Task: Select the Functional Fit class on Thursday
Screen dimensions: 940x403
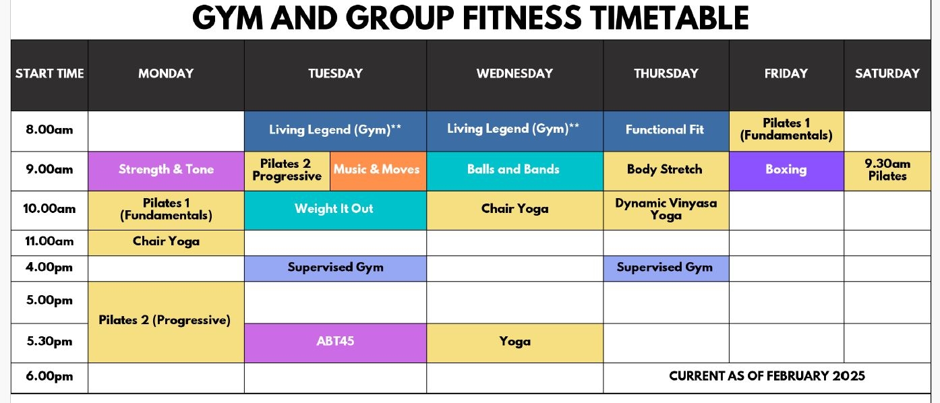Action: [666, 131]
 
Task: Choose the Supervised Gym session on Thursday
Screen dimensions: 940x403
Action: [666, 268]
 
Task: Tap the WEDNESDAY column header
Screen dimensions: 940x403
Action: [515, 73]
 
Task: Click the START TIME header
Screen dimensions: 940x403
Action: [49, 73]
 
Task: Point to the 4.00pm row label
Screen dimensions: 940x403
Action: [49, 268]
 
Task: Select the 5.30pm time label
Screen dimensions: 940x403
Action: [49, 342]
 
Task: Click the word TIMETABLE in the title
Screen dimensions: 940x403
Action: [670, 18]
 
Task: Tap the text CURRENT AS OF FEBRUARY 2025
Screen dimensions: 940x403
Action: [767, 376]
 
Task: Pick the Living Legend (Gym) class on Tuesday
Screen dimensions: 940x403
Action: [335, 131]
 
